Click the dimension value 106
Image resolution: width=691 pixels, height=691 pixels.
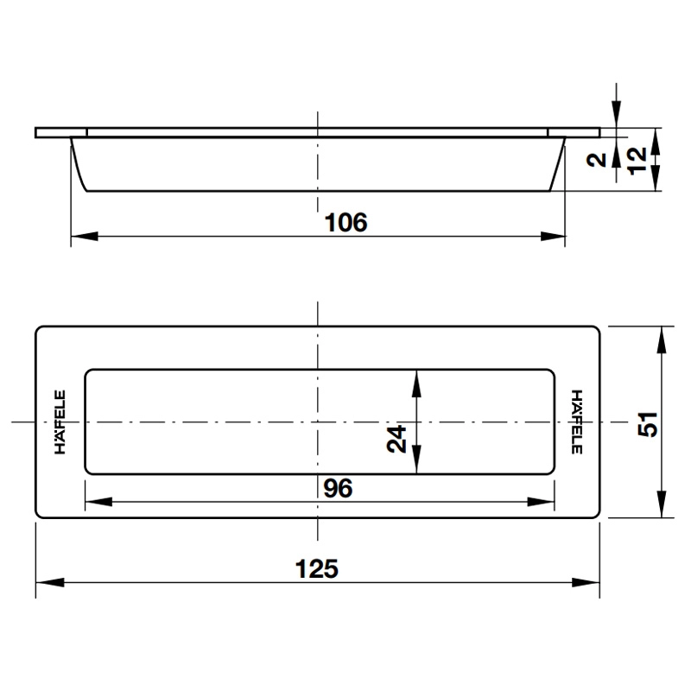(345, 222)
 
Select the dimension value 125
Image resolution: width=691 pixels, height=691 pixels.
(316, 569)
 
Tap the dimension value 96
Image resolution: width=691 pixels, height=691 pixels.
(338, 489)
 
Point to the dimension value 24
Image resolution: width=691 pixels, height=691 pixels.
(396, 440)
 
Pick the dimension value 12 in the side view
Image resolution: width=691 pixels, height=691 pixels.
(637, 160)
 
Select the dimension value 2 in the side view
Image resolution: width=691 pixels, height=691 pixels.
(595, 160)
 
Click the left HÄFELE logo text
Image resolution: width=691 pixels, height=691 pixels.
(60, 422)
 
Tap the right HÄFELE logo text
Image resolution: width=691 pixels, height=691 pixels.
(576, 422)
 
